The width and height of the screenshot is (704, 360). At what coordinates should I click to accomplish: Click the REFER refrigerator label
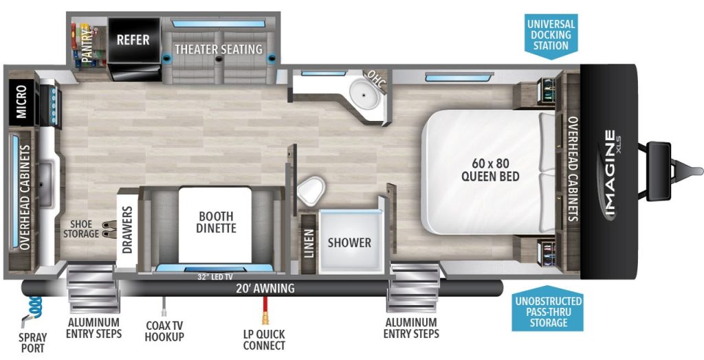pyautogui.click(x=133, y=39)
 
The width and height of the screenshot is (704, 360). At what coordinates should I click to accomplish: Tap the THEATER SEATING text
pyautogui.click(x=219, y=49)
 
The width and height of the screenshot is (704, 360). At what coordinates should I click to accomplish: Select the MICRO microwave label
pyautogui.click(x=21, y=102)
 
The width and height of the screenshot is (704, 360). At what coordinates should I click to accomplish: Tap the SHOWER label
pyautogui.click(x=349, y=243)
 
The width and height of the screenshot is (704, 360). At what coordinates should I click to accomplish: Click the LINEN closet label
pyautogui.click(x=309, y=244)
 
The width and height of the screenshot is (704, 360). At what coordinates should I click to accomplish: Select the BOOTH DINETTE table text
pyautogui.click(x=217, y=222)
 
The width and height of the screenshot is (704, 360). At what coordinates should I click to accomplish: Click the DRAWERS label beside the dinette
pyautogui.click(x=127, y=229)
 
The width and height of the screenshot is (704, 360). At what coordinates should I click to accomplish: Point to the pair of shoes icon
pyautogui.click(x=107, y=229)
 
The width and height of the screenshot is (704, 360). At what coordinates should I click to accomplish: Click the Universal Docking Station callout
pyautogui.click(x=551, y=36)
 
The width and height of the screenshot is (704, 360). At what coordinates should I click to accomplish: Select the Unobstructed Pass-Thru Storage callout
pyautogui.click(x=548, y=309)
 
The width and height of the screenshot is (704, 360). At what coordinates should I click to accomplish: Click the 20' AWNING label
pyautogui.click(x=265, y=288)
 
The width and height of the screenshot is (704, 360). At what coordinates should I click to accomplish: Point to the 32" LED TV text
pyautogui.click(x=214, y=276)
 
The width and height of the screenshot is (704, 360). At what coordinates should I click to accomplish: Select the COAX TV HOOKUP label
pyautogui.click(x=164, y=331)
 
